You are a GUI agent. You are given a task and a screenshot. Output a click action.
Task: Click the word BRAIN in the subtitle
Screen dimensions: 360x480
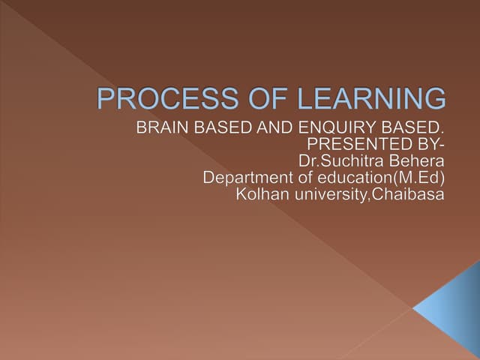click(x=158, y=128)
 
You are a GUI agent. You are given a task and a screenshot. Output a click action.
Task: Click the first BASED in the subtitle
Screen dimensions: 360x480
click(x=223, y=128)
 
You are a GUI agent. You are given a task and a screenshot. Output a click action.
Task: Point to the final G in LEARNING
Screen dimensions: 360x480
click(x=434, y=100)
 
